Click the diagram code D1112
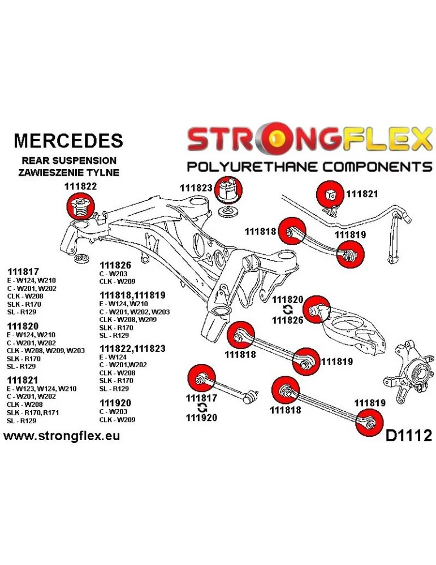(x=408, y=436)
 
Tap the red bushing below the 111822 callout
(x=80, y=207)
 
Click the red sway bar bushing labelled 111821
(x=330, y=194)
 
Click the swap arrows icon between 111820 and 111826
(x=287, y=310)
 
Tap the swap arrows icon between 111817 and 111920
(x=201, y=407)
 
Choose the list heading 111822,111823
(x=132, y=349)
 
